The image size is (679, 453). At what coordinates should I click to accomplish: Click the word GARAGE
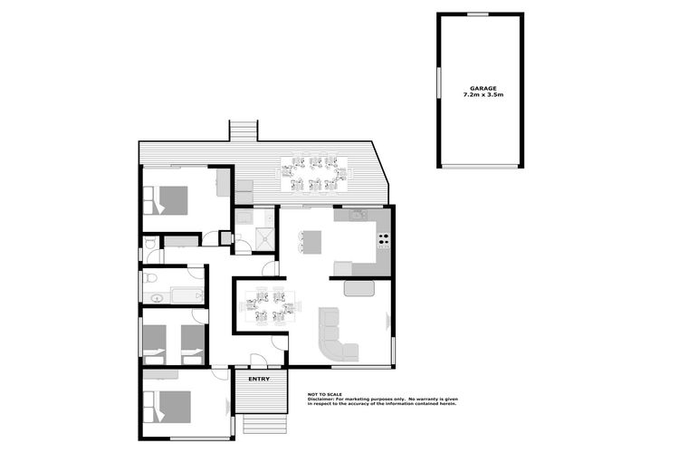(x=481, y=88)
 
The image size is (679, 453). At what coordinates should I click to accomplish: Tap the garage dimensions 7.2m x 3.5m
(x=481, y=94)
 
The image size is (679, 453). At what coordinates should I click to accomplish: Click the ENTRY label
(x=259, y=379)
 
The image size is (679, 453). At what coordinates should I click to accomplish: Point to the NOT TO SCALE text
(x=323, y=394)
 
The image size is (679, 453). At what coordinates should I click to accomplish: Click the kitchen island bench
(x=311, y=243)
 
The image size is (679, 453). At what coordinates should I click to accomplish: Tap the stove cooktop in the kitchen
(x=383, y=241)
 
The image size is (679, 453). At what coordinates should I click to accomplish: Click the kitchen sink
(x=355, y=216)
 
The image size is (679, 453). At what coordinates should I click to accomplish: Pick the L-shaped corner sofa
(x=339, y=337)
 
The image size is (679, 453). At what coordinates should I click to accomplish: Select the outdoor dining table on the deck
(x=314, y=174)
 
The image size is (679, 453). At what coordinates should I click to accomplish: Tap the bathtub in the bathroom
(x=187, y=294)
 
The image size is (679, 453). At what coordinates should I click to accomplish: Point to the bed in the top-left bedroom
(x=167, y=200)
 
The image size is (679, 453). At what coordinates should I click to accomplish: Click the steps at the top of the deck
(x=243, y=130)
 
